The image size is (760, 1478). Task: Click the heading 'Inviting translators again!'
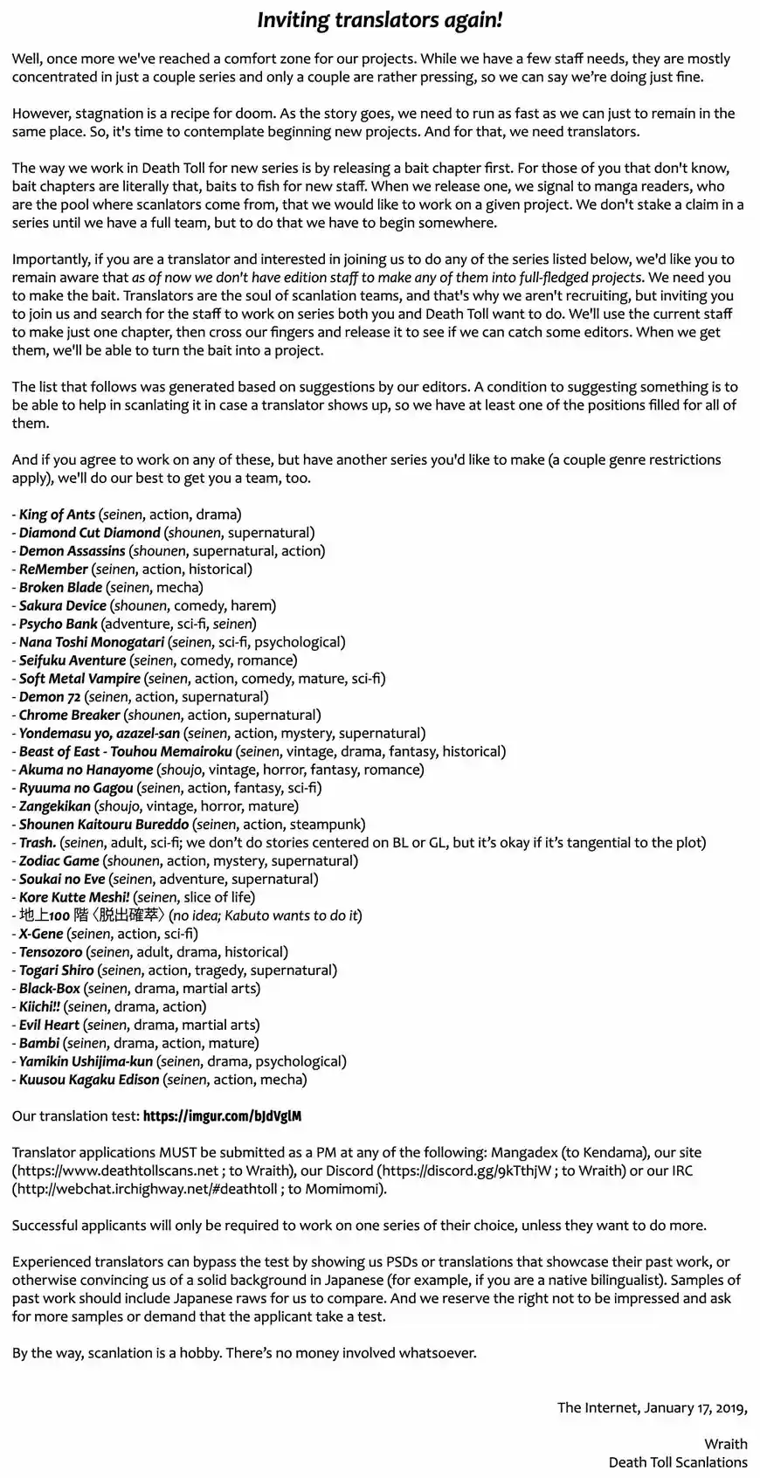[380, 21]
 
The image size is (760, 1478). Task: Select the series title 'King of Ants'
[57, 515]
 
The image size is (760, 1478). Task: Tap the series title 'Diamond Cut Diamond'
[89, 533]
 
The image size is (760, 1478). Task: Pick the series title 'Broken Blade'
[60, 587]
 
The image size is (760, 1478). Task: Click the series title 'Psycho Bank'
[58, 624]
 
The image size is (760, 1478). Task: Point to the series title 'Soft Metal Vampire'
[79, 679]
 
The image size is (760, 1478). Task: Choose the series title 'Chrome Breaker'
[69, 715]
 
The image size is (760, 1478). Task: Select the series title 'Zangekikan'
[54, 806]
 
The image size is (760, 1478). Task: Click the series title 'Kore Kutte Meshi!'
[74, 897]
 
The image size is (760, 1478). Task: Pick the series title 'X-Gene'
[41, 934]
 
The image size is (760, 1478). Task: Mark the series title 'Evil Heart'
[49, 1025]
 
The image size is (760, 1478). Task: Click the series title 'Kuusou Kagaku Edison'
[89, 1080]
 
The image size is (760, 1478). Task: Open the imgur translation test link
[222, 1116]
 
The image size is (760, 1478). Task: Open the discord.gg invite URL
[466, 1171]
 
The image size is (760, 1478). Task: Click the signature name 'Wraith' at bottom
[726, 1444]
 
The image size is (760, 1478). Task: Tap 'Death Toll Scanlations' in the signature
[678, 1462]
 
